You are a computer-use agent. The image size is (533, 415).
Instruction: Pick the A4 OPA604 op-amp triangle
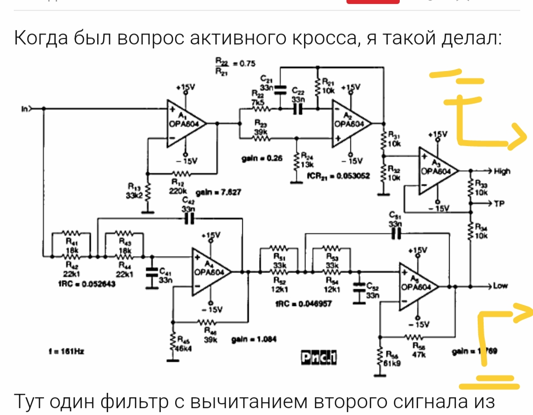coord(211,271)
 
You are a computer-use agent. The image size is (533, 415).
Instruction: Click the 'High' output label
coord(502,171)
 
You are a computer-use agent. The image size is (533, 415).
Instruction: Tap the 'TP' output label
coord(499,203)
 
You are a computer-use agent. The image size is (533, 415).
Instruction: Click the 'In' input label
coord(24,108)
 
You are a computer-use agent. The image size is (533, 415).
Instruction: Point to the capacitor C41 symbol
coord(151,272)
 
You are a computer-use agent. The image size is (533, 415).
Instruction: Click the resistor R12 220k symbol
coord(181,174)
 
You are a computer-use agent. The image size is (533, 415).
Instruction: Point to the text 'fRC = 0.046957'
coord(297,304)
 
